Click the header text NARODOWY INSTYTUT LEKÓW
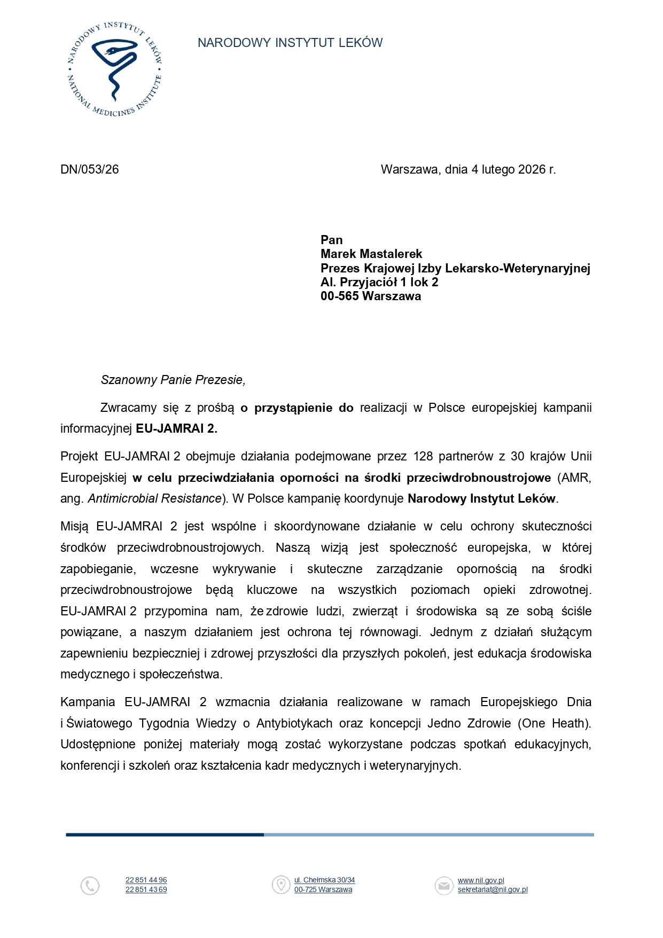[290, 43]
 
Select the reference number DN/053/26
[90, 169]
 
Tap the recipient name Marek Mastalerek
[371, 254]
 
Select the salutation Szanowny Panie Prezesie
[173, 380]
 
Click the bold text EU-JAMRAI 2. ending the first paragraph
[176, 428]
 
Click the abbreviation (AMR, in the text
[574, 478]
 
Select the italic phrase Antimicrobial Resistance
[154, 498]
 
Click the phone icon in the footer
[90, 886]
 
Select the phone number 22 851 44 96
[146, 880]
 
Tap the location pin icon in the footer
[280, 885]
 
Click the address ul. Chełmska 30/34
[324, 880]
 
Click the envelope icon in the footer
[443, 885]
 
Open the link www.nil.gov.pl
[481, 880]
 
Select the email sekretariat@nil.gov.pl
[493, 890]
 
